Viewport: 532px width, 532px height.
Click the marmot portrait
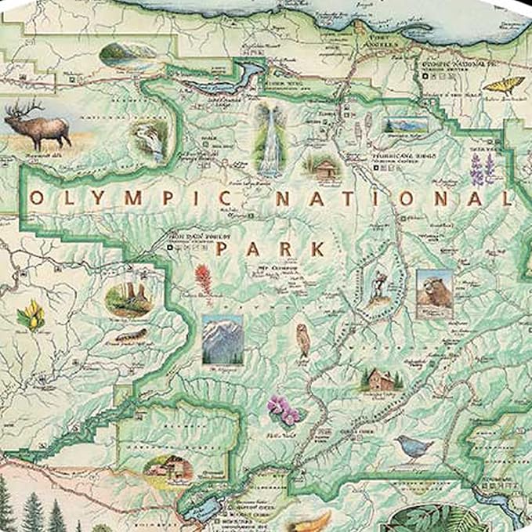[433, 294]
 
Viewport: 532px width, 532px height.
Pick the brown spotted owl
[303, 340]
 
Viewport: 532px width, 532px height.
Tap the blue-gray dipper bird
[414, 447]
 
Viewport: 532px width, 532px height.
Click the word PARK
[270, 249]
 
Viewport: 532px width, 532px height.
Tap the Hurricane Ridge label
[396, 157]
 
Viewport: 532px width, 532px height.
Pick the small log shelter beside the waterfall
[323, 167]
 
